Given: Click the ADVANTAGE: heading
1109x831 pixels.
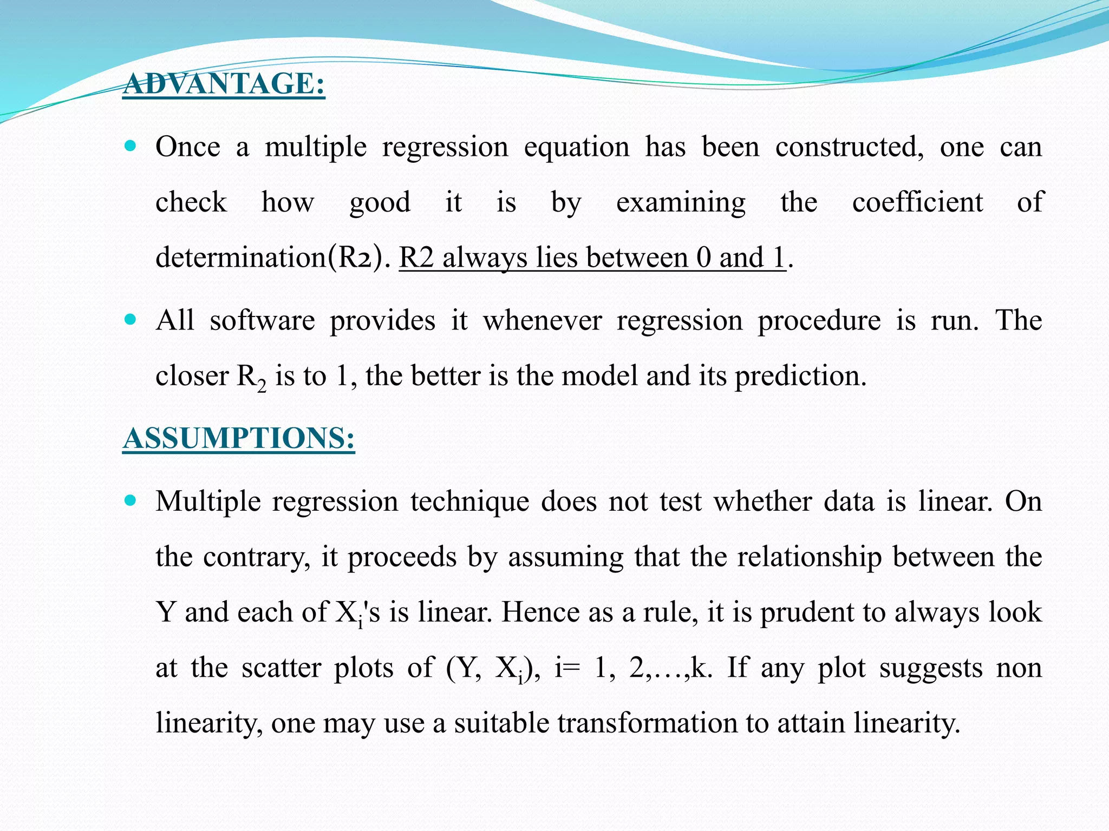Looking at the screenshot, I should (224, 84).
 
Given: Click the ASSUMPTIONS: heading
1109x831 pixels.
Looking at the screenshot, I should (238, 438).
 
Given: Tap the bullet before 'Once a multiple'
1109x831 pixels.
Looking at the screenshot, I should (131, 146).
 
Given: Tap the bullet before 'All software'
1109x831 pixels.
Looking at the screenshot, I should (131, 319).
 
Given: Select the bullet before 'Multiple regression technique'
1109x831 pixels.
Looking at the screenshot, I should (131, 500).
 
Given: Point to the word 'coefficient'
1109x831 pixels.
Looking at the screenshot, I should (917, 202).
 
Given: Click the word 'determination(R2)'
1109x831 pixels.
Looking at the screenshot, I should (272, 258).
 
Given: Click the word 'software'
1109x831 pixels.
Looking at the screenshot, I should (262, 321).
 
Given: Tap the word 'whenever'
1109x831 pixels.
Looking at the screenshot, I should (542, 321).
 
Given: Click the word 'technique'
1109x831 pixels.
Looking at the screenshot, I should (469, 502).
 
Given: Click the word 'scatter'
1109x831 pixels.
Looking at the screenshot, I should (281, 668).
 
